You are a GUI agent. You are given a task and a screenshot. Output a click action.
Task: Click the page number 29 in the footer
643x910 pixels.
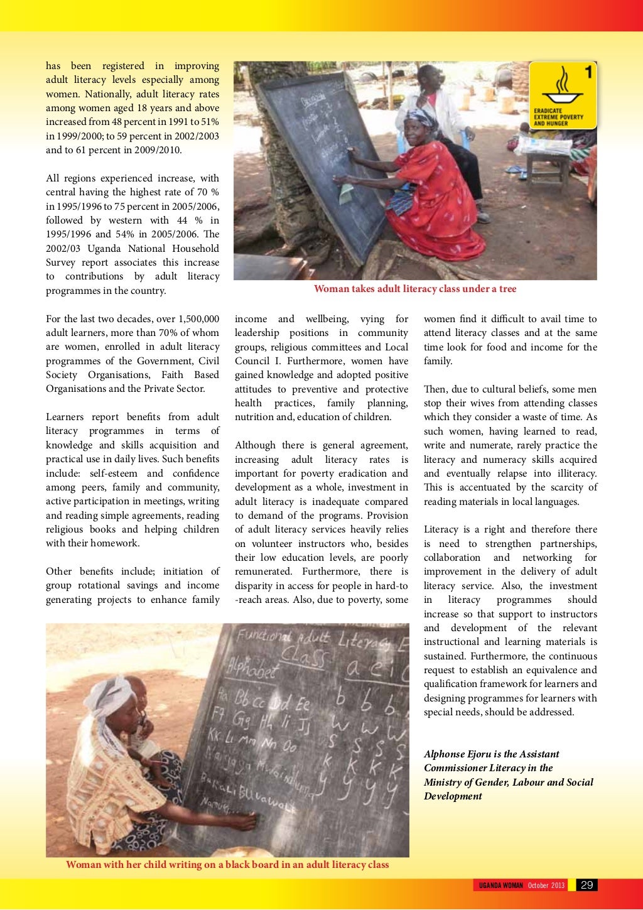[586, 885]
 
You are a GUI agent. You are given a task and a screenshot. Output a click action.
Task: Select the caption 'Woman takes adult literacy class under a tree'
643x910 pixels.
[415, 289]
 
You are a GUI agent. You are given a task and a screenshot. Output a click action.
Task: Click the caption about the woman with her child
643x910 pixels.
[227, 865]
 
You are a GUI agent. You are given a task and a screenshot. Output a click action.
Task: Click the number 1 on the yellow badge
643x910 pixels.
[588, 73]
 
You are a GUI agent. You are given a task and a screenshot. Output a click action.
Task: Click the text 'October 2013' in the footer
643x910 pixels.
[546, 886]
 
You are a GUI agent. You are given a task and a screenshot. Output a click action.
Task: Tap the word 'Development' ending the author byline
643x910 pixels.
[453, 796]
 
